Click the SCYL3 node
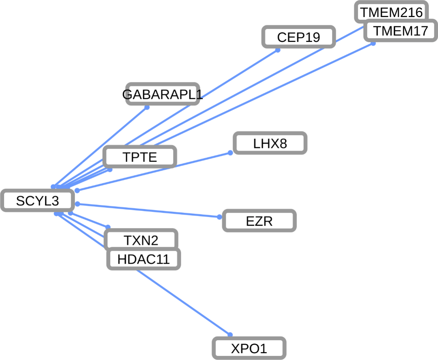37,201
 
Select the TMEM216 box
391,12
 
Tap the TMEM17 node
400,31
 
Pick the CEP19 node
299,37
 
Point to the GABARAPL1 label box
163,94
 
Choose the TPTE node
140,157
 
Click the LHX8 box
270,143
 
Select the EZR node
259,221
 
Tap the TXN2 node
141,240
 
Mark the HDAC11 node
144,259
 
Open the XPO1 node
249,348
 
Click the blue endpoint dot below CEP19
278,50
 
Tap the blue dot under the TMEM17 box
373,43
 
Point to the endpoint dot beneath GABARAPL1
147,108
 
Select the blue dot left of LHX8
230,153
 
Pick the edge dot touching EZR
219,217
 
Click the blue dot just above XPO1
230,335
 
